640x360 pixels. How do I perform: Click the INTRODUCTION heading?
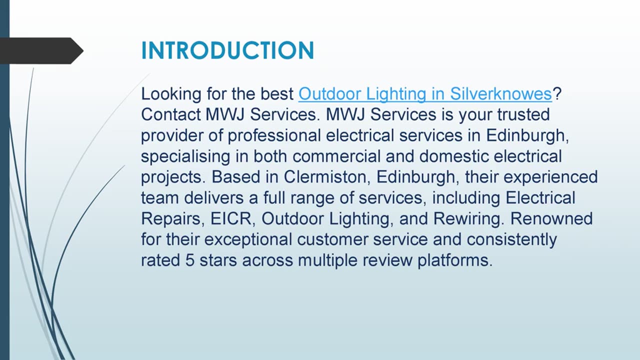(x=227, y=51)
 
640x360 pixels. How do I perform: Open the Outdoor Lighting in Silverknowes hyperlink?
(x=424, y=94)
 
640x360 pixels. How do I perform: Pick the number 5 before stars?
(x=189, y=260)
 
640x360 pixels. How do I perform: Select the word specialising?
(x=185, y=156)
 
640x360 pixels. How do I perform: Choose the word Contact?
(x=170, y=114)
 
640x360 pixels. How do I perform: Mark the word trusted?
(x=523, y=114)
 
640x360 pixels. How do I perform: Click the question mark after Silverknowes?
(x=556, y=94)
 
